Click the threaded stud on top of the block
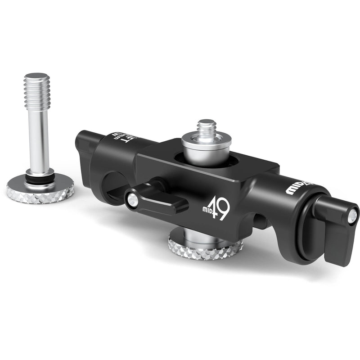207,129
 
